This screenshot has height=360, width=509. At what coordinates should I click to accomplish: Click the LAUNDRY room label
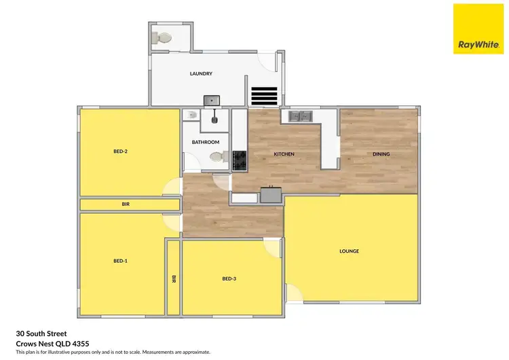click(202, 74)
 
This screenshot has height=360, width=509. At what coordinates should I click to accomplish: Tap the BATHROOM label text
click(205, 142)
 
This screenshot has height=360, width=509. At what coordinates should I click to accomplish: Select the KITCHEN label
click(284, 154)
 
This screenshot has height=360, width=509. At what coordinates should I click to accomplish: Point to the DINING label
click(381, 154)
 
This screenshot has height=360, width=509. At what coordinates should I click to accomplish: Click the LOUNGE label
click(349, 251)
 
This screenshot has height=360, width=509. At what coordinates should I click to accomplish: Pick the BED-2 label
click(121, 151)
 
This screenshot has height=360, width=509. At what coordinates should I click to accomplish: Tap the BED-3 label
click(229, 278)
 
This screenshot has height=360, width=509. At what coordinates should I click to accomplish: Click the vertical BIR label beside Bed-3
click(174, 278)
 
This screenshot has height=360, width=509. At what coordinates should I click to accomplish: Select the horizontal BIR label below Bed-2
click(126, 204)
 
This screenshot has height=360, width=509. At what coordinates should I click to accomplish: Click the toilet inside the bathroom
click(218, 158)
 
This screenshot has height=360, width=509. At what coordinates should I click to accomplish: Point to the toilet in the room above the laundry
click(161, 39)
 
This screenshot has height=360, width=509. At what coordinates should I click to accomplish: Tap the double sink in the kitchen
click(299, 116)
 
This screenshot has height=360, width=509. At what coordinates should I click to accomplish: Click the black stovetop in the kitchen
click(240, 160)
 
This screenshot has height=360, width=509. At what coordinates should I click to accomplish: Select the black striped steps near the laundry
click(264, 96)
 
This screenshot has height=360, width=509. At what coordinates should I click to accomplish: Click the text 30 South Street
click(41, 334)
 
